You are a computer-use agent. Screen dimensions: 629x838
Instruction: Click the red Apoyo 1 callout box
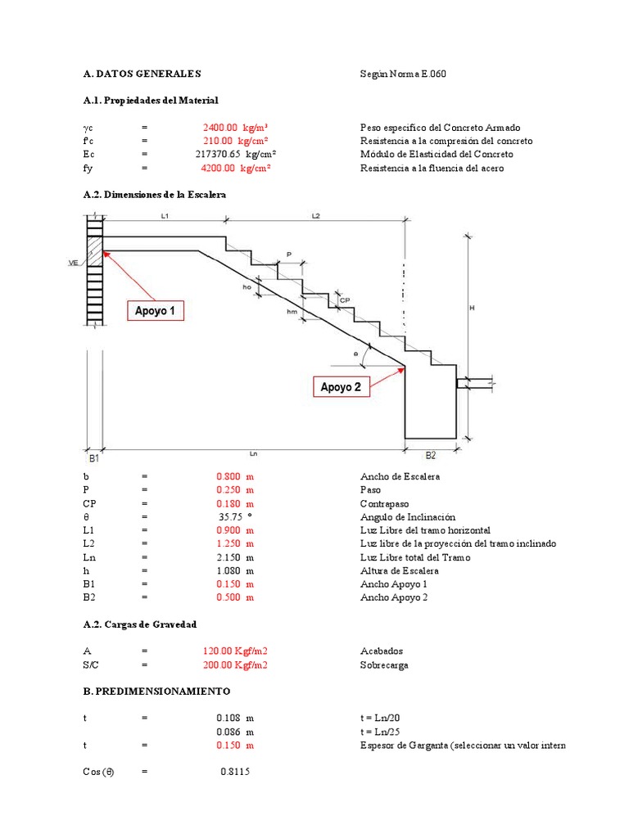click(155, 311)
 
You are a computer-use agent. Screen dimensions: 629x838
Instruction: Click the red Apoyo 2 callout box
click(341, 387)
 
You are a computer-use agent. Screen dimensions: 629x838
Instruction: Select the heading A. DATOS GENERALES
click(142, 74)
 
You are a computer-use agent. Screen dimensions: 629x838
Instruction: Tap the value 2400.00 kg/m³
click(237, 128)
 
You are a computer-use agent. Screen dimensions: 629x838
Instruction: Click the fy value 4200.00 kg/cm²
click(236, 168)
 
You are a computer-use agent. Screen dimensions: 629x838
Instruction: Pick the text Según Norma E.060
click(403, 74)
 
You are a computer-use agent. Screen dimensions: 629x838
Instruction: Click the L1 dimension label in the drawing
click(165, 216)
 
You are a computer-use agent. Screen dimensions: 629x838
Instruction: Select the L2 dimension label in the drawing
click(315, 216)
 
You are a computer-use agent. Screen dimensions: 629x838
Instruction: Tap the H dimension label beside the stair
click(472, 308)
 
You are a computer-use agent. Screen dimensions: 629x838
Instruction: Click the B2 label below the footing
click(430, 455)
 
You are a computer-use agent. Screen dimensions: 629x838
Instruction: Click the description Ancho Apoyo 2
click(393, 597)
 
